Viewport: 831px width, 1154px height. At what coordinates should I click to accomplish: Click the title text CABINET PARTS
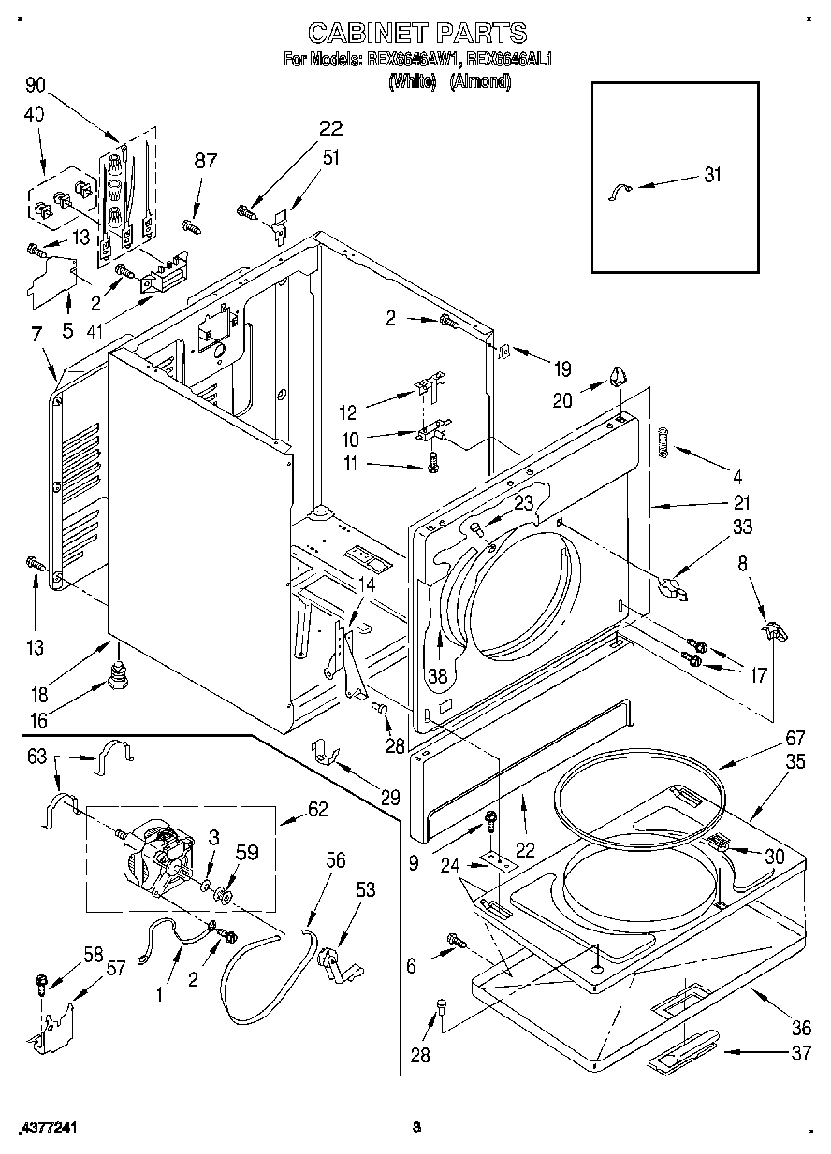tap(416, 35)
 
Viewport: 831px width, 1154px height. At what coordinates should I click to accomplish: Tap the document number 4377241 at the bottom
tap(46, 1129)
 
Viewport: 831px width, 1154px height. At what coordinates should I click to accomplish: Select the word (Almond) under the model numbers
tap(480, 81)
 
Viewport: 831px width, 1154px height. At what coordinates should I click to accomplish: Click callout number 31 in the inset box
tap(713, 174)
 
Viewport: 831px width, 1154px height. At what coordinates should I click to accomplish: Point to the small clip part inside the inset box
tap(620, 192)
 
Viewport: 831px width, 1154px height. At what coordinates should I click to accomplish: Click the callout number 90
tap(36, 86)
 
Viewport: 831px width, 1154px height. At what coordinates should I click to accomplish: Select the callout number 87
tap(205, 160)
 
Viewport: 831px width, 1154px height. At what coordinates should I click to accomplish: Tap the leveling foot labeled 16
tap(119, 674)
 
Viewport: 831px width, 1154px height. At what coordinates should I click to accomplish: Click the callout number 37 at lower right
tap(799, 1053)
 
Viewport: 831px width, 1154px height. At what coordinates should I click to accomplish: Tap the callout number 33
tap(742, 527)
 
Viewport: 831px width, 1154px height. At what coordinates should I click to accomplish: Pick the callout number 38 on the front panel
tap(438, 673)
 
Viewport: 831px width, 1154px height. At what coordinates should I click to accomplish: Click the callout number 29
tap(389, 798)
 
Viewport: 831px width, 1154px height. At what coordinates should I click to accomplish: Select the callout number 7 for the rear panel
tap(36, 334)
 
